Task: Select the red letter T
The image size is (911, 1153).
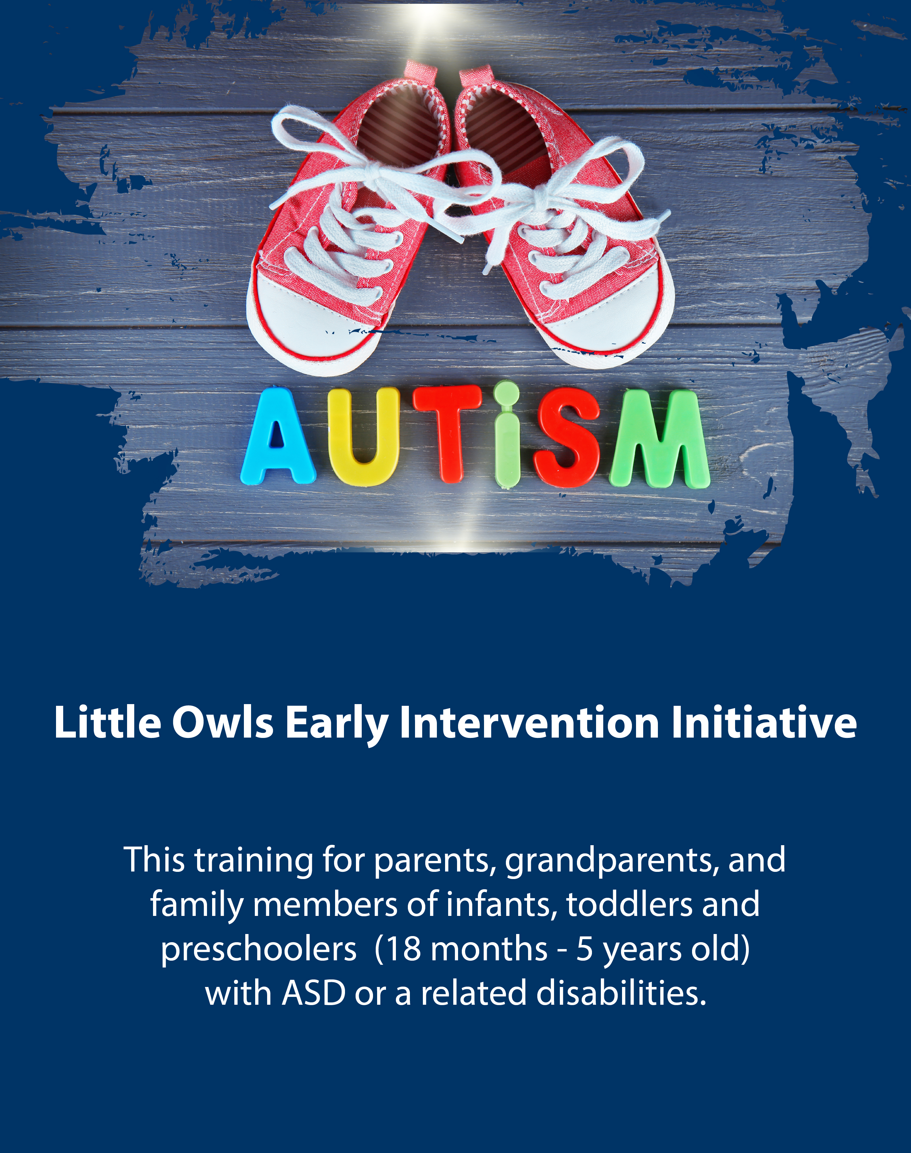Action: click(447, 433)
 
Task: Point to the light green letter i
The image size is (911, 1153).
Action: click(506, 435)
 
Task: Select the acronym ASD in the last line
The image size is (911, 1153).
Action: click(314, 993)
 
